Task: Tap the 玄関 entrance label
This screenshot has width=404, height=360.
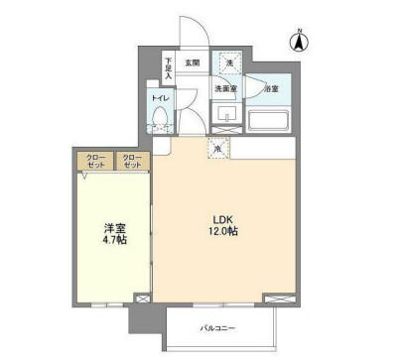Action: tap(192, 64)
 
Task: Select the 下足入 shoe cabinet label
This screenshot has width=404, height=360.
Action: tap(169, 66)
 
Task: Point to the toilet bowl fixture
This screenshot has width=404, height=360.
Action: tap(160, 122)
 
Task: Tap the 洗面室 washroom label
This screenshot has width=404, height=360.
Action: tap(227, 90)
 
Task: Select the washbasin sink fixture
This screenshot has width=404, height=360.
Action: tap(226, 118)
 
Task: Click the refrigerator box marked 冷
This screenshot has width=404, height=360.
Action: tap(218, 148)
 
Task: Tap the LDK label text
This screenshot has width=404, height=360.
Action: tap(222, 219)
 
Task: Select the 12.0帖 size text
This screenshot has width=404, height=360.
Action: tap(222, 232)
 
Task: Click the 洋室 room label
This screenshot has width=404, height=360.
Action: tap(115, 226)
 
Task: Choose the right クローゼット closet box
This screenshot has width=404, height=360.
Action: tap(131, 161)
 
